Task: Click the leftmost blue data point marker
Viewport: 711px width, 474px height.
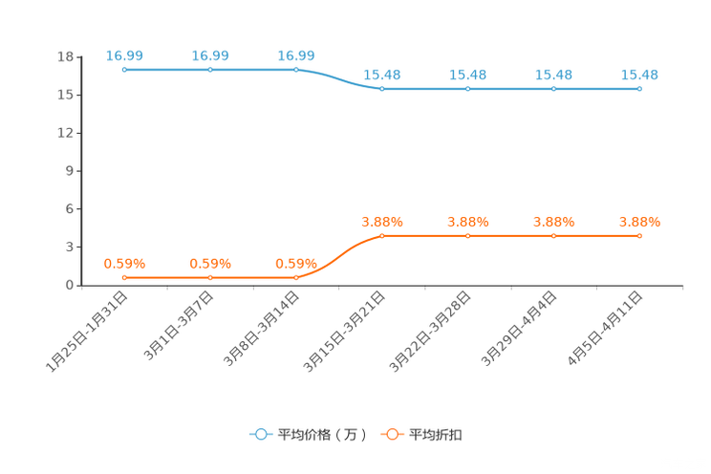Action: coord(124,70)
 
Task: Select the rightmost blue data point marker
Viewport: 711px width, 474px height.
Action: coord(639,89)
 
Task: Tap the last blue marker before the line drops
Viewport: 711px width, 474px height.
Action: coord(296,70)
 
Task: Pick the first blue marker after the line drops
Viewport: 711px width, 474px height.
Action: coord(382,89)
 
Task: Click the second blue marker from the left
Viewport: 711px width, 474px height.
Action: coord(210,70)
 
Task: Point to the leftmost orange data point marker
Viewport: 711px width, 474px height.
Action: coord(124,277)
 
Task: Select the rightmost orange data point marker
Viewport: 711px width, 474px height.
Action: coord(639,234)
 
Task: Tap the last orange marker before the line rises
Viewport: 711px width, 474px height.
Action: coord(296,277)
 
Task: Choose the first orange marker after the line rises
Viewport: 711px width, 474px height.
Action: coord(382,234)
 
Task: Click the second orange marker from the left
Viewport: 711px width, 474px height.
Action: coord(210,277)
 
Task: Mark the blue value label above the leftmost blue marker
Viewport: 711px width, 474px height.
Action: coord(124,55)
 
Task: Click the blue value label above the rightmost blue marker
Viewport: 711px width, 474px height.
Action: coord(639,74)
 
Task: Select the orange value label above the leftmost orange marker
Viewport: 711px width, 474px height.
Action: coord(124,263)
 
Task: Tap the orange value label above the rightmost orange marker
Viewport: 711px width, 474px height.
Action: coord(639,221)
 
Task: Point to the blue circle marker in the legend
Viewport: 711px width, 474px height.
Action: coord(261,434)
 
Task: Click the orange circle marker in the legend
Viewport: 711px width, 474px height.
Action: coord(392,434)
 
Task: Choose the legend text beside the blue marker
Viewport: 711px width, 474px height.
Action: coord(321,435)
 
